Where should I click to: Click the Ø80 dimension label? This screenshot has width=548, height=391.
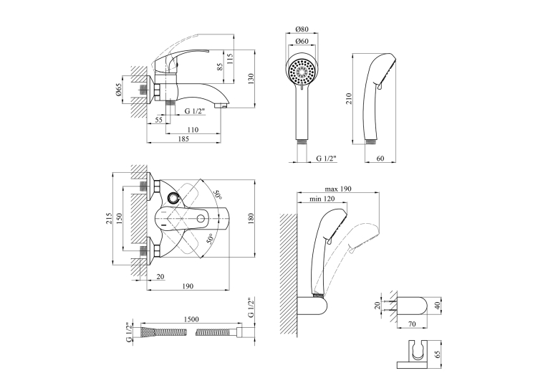tap(302, 29)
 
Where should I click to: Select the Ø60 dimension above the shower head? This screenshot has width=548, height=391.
tap(302, 42)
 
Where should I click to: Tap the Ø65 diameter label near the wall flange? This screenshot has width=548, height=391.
tap(118, 90)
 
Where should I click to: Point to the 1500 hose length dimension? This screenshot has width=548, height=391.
tap(191, 319)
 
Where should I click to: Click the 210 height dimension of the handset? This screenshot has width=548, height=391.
tap(349, 99)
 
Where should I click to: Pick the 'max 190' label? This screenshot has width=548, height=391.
tap(338, 189)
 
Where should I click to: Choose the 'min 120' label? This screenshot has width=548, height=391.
tap(322, 199)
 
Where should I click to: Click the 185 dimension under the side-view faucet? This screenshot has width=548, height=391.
tap(183, 139)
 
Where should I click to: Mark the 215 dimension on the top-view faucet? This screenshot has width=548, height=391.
tap(109, 218)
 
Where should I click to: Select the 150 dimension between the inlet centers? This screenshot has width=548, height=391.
tap(119, 218)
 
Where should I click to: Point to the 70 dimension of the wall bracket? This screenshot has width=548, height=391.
tap(412, 324)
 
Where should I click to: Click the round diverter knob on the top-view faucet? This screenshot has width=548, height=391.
tap(173, 199)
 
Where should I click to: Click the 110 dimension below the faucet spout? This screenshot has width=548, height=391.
tap(193, 130)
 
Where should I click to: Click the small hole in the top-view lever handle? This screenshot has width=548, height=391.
tap(201, 219)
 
